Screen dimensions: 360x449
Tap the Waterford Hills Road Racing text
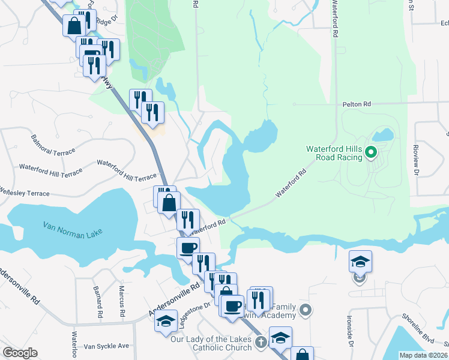click(x=334, y=153)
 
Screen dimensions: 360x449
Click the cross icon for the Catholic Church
click(x=261, y=343)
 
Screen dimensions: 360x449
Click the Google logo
click(x=20, y=353)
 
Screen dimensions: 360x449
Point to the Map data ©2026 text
click(x=423, y=355)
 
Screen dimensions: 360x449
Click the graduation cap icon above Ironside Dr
click(x=360, y=261)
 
